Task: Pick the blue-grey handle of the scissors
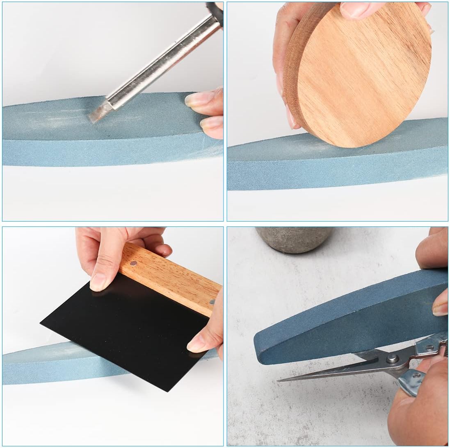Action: (x=410, y=381)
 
